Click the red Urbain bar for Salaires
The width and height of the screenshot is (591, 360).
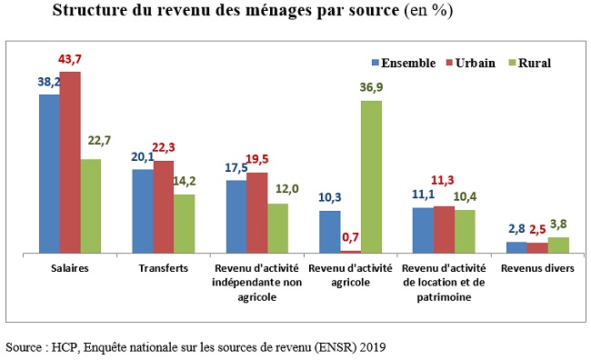(70, 162)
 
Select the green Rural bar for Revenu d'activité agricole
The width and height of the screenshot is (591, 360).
(371, 176)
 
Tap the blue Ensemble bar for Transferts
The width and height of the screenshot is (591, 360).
(143, 211)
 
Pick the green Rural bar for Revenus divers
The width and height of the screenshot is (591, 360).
(558, 245)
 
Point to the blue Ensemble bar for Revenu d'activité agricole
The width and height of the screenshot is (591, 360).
(329, 232)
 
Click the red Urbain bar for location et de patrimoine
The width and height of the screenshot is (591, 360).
(444, 229)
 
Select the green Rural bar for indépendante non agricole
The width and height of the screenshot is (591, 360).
(277, 227)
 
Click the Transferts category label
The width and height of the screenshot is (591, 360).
(164, 268)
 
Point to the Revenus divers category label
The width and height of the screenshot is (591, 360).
(536, 268)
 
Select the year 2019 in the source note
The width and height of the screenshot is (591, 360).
(372, 347)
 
